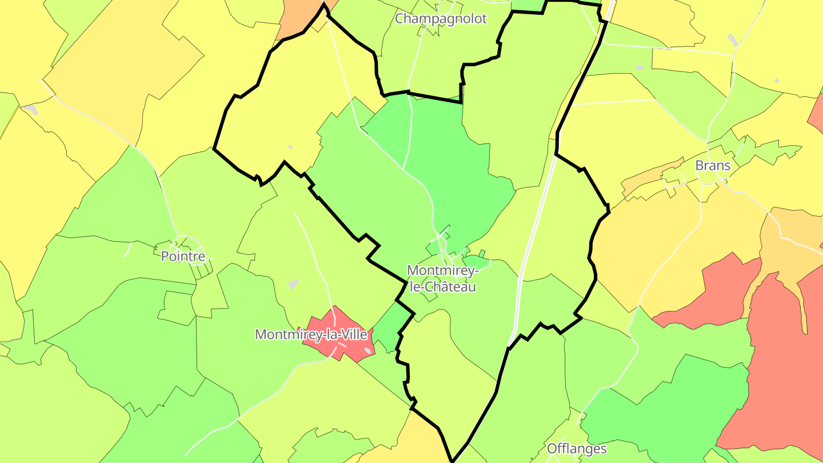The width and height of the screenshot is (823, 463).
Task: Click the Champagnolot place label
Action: pyautogui.click(x=441, y=18)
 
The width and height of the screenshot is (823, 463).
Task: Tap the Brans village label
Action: pyautogui.click(x=713, y=166)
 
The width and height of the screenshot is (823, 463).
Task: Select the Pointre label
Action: pyautogui.click(x=183, y=256)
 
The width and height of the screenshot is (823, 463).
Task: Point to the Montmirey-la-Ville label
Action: pyautogui.click(x=311, y=334)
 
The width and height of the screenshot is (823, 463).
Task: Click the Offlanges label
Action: pyautogui.click(x=577, y=449)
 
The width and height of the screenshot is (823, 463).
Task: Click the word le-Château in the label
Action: pyautogui.click(x=441, y=287)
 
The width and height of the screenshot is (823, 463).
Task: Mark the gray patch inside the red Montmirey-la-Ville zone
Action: pyautogui.click(x=367, y=350)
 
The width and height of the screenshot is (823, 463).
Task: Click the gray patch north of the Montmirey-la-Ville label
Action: pyautogui.click(x=294, y=284)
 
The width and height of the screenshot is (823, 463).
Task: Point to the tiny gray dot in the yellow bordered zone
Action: pyautogui.click(x=290, y=147)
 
